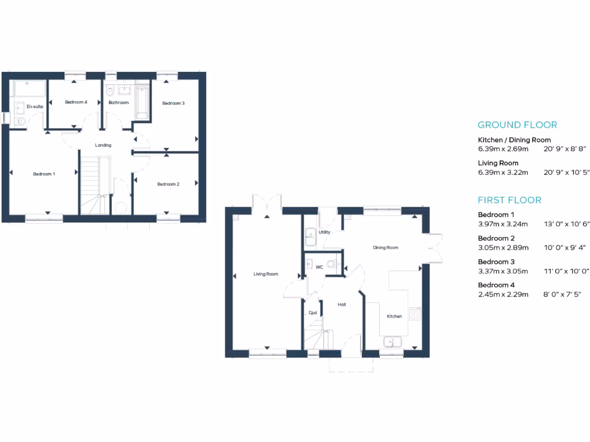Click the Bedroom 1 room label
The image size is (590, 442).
click(x=44, y=174)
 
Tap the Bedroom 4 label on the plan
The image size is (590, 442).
click(x=76, y=102)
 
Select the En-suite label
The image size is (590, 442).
click(x=35, y=106)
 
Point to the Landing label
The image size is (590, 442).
click(x=103, y=145)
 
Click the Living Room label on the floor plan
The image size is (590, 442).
click(x=266, y=274)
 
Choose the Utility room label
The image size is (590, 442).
click(x=324, y=232)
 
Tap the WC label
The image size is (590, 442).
click(x=319, y=267)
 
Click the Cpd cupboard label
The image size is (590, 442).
click(x=313, y=313)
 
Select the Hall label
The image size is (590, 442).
click(x=342, y=304)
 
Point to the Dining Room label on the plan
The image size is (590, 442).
click(x=385, y=247)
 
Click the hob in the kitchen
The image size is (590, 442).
click(x=415, y=314)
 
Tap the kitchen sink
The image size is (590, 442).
click(x=394, y=342)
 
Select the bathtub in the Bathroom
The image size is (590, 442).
click(x=142, y=102)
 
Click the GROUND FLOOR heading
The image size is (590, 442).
click(x=517, y=125)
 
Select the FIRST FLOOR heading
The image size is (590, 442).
click(x=509, y=200)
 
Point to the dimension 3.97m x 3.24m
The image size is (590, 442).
click(x=503, y=224)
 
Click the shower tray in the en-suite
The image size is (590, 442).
click(x=29, y=89)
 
